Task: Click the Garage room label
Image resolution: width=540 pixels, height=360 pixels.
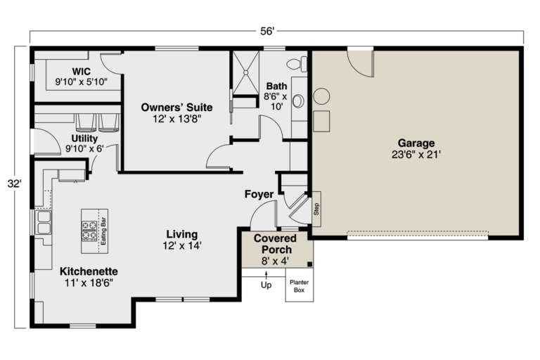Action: [416, 143]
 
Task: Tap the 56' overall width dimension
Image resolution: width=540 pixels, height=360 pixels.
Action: [267, 31]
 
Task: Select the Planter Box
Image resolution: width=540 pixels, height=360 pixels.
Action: [298, 288]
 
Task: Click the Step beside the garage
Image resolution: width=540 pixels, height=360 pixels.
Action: [316, 209]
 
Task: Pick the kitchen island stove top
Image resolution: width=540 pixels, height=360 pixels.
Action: [90, 230]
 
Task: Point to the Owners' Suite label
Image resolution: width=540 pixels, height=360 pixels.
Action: [176, 107]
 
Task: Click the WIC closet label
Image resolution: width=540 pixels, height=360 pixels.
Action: [81, 72]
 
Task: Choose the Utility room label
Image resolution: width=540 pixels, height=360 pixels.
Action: [84, 139]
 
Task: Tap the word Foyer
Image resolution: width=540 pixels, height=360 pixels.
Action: [259, 194]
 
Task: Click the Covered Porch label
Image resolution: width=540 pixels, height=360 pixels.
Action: [276, 244]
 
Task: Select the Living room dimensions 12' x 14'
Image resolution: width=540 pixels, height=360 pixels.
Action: [181, 245]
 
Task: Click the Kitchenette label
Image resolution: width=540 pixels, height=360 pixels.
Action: [89, 271]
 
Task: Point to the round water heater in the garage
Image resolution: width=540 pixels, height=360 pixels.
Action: [322, 96]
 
